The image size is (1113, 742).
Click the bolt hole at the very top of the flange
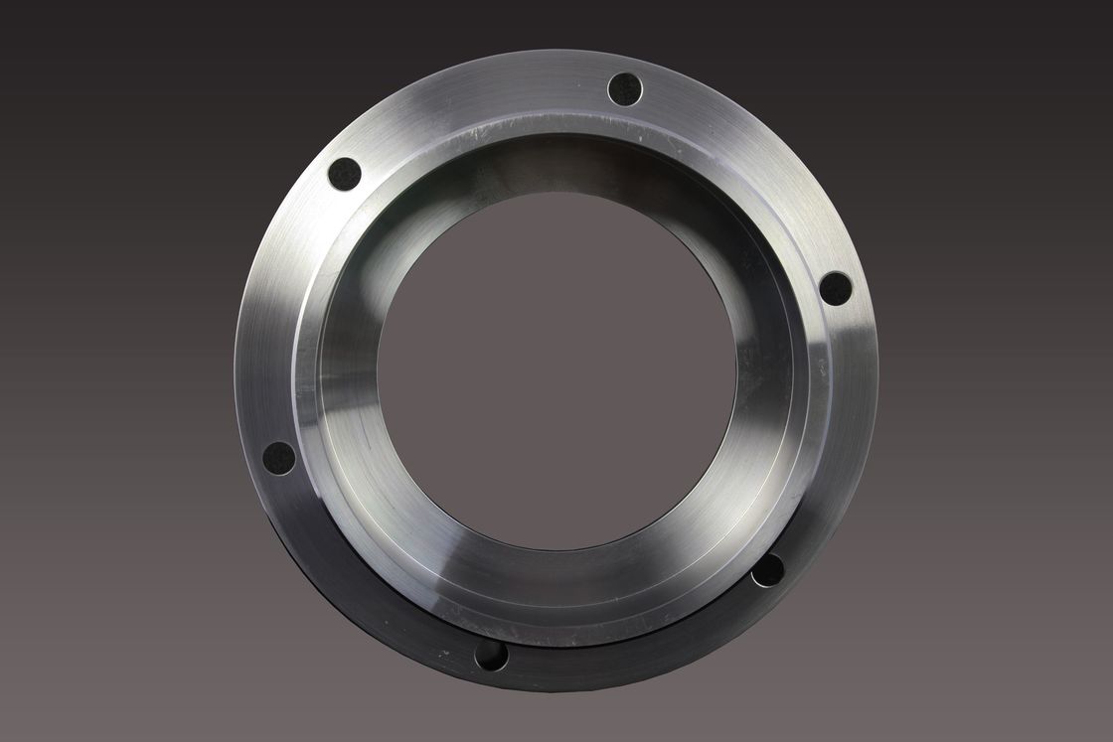pyautogui.click(x=625, y=89)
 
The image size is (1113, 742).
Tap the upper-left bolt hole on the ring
pyautogui.click(x=344, y=174)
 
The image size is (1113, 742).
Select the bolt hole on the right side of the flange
pyautogui.click(x=836, y=288)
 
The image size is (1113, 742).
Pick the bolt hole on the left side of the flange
pyautogui.click(x=279, y=458)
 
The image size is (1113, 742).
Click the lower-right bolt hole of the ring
pyautogui.click(x=767, y=570)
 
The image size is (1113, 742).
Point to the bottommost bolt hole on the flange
pyautogui.click(x=491, y=655)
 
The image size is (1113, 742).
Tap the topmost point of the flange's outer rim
pyautogui.click(x=556, y=50)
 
